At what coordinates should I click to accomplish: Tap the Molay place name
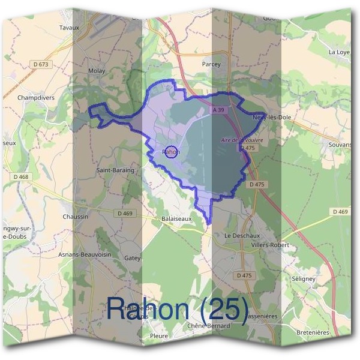coord(97,71)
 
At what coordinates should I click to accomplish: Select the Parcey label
coord(211,64)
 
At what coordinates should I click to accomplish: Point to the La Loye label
coord(339,52)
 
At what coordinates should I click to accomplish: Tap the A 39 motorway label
coord(218,110)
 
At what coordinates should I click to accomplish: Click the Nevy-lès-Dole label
coord(272,117)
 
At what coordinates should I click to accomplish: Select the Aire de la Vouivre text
coord(242,140)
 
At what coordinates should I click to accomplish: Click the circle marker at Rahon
coord(171,152)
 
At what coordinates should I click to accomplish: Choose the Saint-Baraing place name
coord(115,170)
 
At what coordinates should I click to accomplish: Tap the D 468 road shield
coord(20,177)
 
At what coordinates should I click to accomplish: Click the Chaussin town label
coord(75,217)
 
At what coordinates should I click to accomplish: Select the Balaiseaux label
coord(177,218)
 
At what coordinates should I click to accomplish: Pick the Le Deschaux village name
coord(240,235)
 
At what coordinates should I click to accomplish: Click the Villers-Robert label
coord(270,245)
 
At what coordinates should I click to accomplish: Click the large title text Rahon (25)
coord(177,309)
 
